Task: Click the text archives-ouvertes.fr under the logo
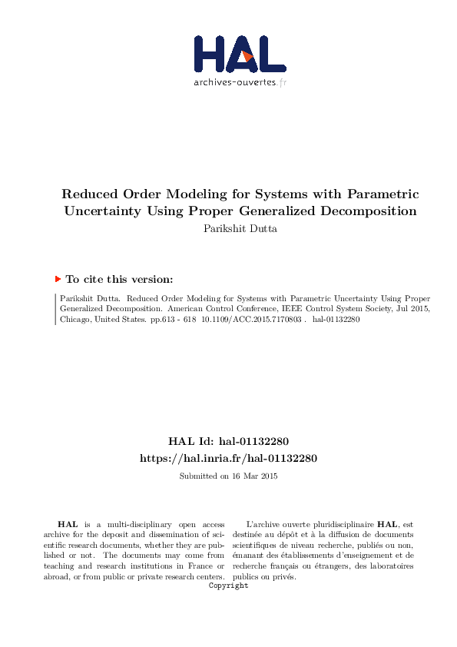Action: click(240, 82)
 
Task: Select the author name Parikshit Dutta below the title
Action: click(228, 227)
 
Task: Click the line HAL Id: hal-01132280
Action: click(228, 442)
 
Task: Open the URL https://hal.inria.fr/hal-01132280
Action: click(228, 458)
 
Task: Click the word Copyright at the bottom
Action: click(228, 586)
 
